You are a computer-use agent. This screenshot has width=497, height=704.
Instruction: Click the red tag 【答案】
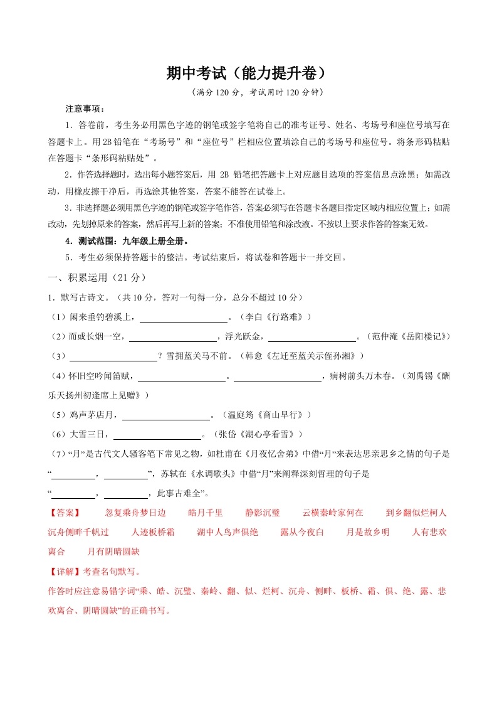point(64,513)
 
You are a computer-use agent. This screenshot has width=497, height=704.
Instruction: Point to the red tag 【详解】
point(64,572)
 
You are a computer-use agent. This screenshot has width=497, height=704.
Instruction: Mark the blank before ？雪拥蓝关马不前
point(113,357)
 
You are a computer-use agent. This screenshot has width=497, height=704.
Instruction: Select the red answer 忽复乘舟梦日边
point(135,513)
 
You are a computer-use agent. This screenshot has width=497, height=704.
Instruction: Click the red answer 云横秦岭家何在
point(332,513)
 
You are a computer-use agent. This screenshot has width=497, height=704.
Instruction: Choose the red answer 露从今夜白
point(302,533)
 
